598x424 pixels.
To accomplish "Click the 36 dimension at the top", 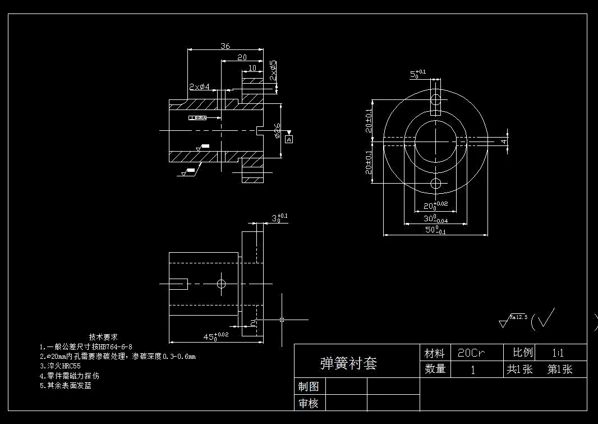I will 226,46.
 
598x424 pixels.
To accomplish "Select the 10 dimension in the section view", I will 252,68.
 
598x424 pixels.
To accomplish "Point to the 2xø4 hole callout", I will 199,87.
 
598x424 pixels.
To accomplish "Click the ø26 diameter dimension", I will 277,130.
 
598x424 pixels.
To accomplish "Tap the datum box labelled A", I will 289,139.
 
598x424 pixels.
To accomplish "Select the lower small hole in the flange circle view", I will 435,183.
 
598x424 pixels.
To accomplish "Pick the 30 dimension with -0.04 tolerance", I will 435,218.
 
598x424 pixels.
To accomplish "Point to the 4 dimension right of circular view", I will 504,141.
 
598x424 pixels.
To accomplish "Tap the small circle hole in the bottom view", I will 221,284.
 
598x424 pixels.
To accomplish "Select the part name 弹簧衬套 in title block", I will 348,363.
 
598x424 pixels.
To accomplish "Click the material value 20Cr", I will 471,353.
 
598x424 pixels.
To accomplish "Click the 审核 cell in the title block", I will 309,403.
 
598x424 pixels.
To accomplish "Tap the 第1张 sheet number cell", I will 559,370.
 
